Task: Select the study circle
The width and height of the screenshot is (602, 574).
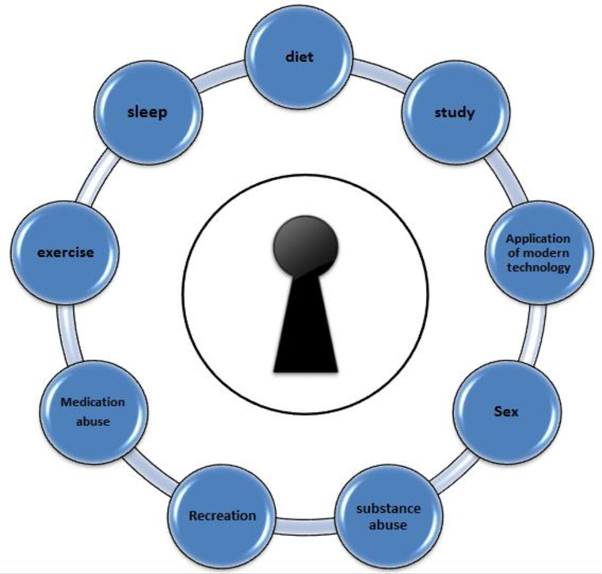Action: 454,112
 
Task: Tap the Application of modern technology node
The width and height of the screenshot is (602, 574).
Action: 538,253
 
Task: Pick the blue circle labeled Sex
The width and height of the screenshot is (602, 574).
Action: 507,412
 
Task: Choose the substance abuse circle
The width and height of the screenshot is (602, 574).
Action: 388,516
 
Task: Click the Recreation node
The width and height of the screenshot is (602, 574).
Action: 223,516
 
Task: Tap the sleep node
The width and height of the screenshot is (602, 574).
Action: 147,112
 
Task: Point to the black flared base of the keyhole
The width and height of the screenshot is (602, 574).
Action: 305,333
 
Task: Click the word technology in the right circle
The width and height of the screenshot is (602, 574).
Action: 539,267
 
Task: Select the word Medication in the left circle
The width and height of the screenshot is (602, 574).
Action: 93,402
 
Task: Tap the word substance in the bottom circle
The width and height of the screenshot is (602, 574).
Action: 388,508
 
